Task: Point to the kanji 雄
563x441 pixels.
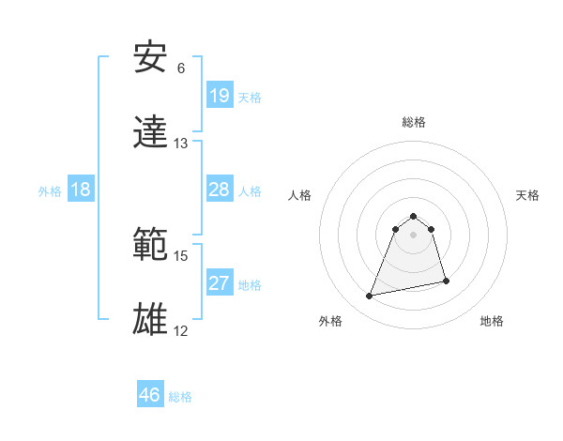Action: [151, 320]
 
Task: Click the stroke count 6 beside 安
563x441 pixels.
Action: [181, 68]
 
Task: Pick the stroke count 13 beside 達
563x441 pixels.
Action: [181, 144]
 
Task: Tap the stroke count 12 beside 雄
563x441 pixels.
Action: [181, 331]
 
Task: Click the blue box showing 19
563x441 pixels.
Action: [219, 96]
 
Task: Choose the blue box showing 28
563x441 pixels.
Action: [219, 190]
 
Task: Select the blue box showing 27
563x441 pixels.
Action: [219, 283]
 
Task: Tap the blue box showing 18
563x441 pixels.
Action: [81, 190]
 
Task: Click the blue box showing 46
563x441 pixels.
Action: [149, 395]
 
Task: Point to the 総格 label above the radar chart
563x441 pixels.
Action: [414, 122]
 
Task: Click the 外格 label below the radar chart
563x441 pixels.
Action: [330, 322]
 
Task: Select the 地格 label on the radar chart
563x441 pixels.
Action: [492, 322]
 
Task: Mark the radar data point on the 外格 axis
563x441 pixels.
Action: [370, 297]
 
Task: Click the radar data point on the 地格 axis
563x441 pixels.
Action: [446, 281]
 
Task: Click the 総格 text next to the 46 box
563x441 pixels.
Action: [180, 397]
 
